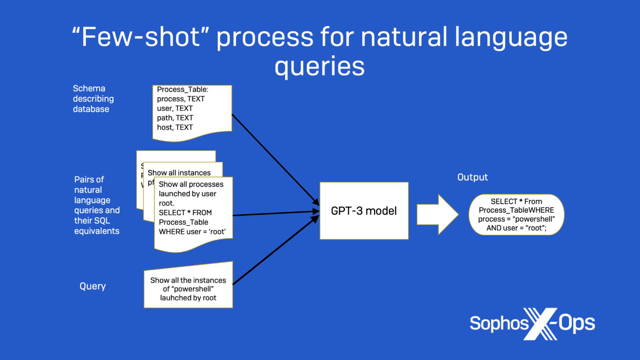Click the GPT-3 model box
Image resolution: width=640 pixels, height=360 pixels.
tap(364, 211)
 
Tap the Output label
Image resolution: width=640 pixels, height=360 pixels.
tap(472, 177)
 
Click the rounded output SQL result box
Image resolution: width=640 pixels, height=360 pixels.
tap(516, 215)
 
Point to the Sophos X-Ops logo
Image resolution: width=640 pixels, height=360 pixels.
tap(532, 323)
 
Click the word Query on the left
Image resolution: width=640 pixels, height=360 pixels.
tap(93, 286)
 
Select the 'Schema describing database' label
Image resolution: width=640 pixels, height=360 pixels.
tap(93, 99)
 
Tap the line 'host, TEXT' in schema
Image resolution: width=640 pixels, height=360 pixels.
tap(175, 127)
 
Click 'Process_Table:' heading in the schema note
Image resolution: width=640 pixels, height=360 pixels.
tap(182, 89)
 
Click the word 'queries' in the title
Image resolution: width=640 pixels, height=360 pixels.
tap(319, 66)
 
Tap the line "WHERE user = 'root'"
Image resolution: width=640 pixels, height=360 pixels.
tap(192, 232)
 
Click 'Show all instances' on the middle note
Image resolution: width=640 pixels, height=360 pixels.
tap(179, 173)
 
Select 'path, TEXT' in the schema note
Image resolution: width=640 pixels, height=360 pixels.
tap(175, 118)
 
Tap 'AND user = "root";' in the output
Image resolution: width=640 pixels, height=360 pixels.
tap(516, 228)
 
